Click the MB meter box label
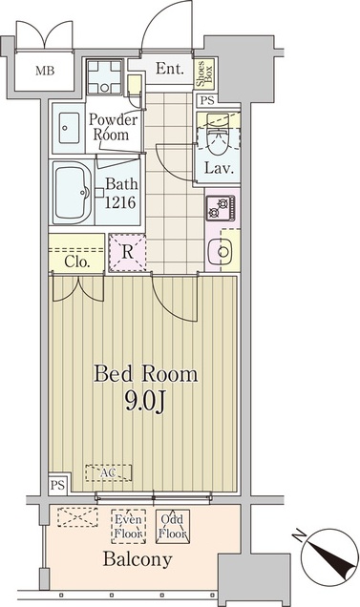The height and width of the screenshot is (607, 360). point(45,72)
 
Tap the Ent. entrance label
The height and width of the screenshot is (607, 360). point(170,69)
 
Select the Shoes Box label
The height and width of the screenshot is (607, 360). point(203,73)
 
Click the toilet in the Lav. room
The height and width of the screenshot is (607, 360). point(218,134)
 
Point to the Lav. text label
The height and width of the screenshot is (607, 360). point(219,168)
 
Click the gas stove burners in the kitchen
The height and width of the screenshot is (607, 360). point(221,208)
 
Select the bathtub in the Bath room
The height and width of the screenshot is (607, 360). point(73,193)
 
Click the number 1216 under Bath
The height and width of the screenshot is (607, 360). point(119,202)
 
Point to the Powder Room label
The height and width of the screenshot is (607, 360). point(113,127)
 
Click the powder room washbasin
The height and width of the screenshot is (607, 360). point(68,128)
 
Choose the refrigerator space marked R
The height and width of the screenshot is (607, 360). point(128,252)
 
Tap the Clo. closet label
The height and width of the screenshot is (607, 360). point(77,262)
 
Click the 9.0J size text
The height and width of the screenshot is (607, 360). point(145,402)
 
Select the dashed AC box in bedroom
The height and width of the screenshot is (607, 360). point(109,472)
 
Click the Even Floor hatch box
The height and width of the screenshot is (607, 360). point(129,527)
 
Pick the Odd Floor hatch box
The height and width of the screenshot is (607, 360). point(173,527)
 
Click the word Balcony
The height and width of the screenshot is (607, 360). point(138,560)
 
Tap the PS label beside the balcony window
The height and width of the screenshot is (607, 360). point(57,486)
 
